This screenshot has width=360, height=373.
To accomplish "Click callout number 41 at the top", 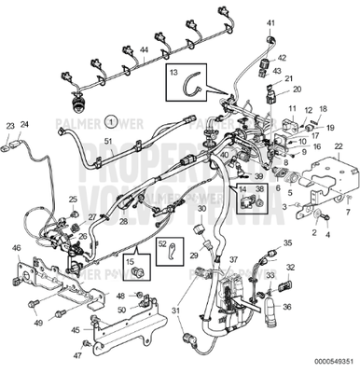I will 271,21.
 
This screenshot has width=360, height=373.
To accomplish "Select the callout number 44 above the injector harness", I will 144,48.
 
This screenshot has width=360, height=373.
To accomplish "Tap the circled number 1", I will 110,121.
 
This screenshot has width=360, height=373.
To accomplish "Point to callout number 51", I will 108,141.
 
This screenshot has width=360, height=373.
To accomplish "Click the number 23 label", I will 10,124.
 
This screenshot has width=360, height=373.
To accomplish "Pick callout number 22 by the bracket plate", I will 338,146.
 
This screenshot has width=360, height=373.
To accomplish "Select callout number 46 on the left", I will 16,247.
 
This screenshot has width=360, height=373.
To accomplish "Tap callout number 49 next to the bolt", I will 37,323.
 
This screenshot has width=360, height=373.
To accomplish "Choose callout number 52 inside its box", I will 161,244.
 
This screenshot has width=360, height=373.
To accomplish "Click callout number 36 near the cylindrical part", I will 286,307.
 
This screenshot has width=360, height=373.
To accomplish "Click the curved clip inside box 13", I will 197,86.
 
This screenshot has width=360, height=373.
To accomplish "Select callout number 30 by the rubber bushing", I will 201,224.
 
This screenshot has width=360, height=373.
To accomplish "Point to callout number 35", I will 286,242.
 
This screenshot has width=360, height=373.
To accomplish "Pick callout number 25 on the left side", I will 73,200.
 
